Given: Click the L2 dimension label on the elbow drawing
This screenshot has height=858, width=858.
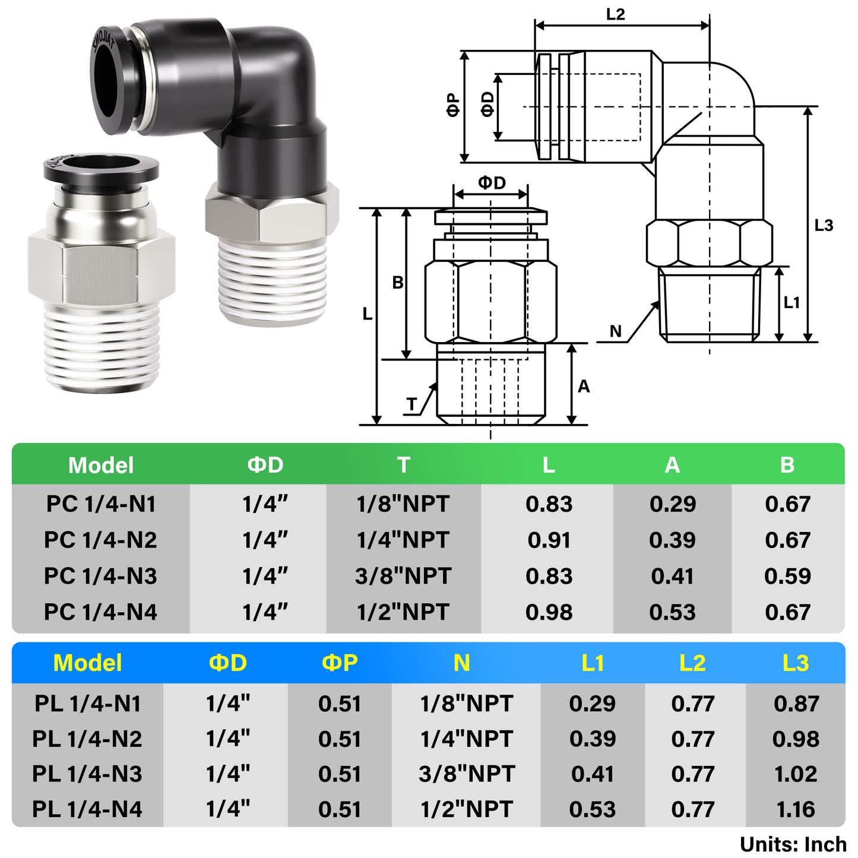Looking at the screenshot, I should click(615, 14).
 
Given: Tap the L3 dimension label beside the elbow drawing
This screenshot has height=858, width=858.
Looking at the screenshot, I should click(824, 226).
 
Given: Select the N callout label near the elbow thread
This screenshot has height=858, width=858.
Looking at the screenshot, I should click(616, 331).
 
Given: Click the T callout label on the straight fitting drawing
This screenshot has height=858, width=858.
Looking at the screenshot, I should click(412, 404).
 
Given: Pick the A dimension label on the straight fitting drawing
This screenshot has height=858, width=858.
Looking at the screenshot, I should click(584, 387).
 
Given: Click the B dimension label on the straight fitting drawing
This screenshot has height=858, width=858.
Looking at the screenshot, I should click(398, 283).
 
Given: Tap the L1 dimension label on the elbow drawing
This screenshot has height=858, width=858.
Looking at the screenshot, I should click(791, 303).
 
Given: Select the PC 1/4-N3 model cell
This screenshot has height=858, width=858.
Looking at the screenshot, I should click(100, 576).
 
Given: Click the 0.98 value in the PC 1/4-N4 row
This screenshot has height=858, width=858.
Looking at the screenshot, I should click(549, 612).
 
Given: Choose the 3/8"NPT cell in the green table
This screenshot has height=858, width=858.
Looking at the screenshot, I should click(403, 576).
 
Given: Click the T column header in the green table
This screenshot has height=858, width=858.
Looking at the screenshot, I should click(404, 464).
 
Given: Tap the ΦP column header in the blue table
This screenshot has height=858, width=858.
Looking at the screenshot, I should click(340, 663).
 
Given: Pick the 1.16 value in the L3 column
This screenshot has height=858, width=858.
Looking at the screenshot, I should click(796, 809).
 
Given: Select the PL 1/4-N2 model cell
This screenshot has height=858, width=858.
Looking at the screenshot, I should click(87, 739).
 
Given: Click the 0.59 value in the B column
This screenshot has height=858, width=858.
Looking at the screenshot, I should click(787, 576).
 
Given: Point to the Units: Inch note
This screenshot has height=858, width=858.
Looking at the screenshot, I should click(793, 844).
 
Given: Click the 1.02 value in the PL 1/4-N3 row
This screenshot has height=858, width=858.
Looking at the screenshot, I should click(796, 774).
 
